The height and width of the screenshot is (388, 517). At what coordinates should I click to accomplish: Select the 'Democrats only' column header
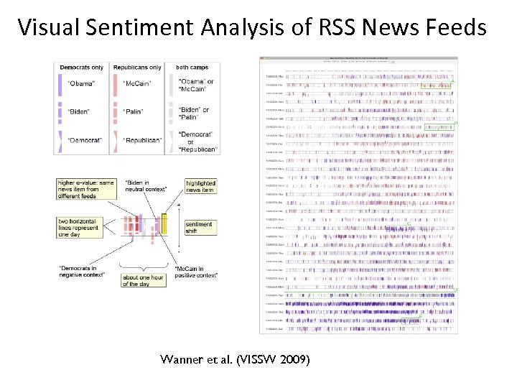click(81, 68)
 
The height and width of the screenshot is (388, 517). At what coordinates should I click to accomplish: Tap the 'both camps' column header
click(192, 68)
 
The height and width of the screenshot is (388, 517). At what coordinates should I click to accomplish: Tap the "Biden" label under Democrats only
click(78, 111)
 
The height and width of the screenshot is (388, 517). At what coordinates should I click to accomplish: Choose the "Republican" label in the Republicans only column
click(142, 140)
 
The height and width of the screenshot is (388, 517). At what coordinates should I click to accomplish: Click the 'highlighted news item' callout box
click(200, 186)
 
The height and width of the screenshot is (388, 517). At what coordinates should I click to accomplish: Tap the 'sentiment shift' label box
click(199, 227)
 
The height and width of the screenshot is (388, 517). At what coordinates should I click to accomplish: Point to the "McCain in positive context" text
click(196, 272)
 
